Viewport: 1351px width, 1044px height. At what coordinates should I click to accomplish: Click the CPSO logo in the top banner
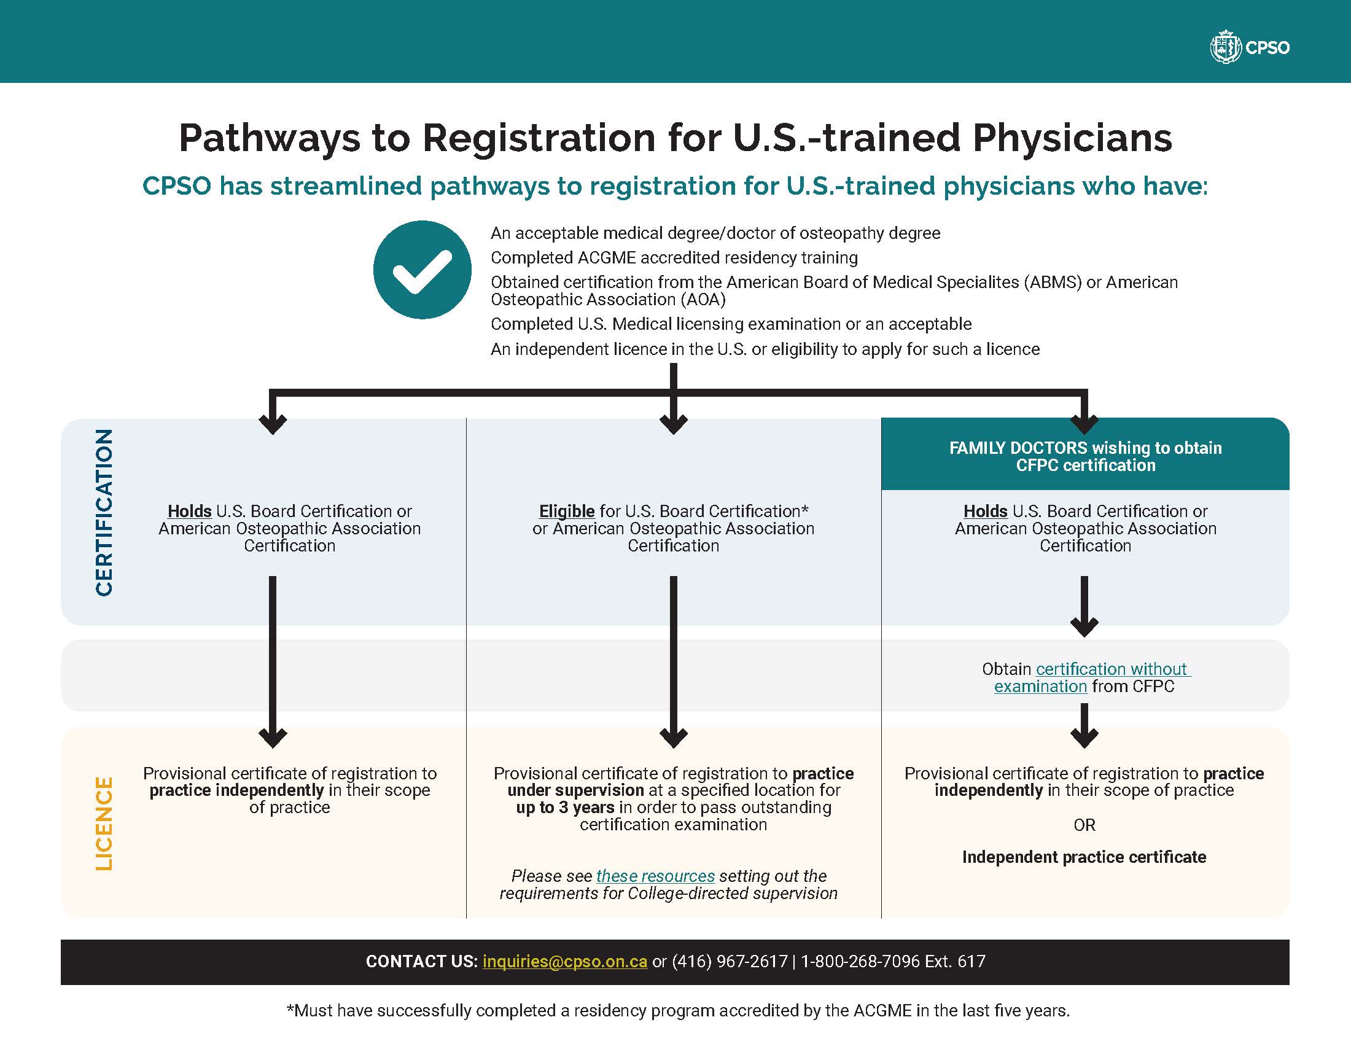(1249, 48)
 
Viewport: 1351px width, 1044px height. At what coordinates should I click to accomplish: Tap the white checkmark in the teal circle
(422, 270)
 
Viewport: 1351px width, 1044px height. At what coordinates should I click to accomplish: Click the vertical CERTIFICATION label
(104, 512)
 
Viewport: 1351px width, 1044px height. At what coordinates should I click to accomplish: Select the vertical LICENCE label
(104, 823)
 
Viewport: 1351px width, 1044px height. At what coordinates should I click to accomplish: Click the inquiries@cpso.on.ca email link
(565, 961)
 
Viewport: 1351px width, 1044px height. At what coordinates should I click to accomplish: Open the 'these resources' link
(655, 876)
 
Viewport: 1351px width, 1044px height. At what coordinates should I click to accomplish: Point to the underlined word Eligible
(567, 512)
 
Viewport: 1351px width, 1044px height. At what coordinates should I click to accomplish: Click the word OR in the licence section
(1084, 825)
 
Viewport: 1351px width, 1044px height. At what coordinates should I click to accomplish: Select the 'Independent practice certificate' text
(1084, 857)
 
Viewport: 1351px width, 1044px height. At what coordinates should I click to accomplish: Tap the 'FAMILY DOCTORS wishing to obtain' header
(1085, 448)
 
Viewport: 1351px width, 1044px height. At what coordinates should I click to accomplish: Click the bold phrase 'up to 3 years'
(565, 808)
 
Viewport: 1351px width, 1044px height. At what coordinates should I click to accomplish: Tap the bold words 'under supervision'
(575, 790)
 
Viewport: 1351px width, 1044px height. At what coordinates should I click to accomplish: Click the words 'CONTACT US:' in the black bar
(421, 961)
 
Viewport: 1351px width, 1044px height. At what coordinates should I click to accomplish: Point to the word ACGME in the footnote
(882, 1011)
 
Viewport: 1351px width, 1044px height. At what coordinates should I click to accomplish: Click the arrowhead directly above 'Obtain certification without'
(1084, 626)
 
